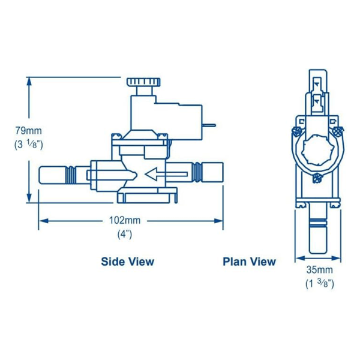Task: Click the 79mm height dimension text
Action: pos(28,130)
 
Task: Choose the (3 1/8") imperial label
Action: pos(29,144)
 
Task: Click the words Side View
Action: pos(127,262)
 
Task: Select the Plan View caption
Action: pos(249,262)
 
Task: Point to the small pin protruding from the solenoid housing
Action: pos(208,126)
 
